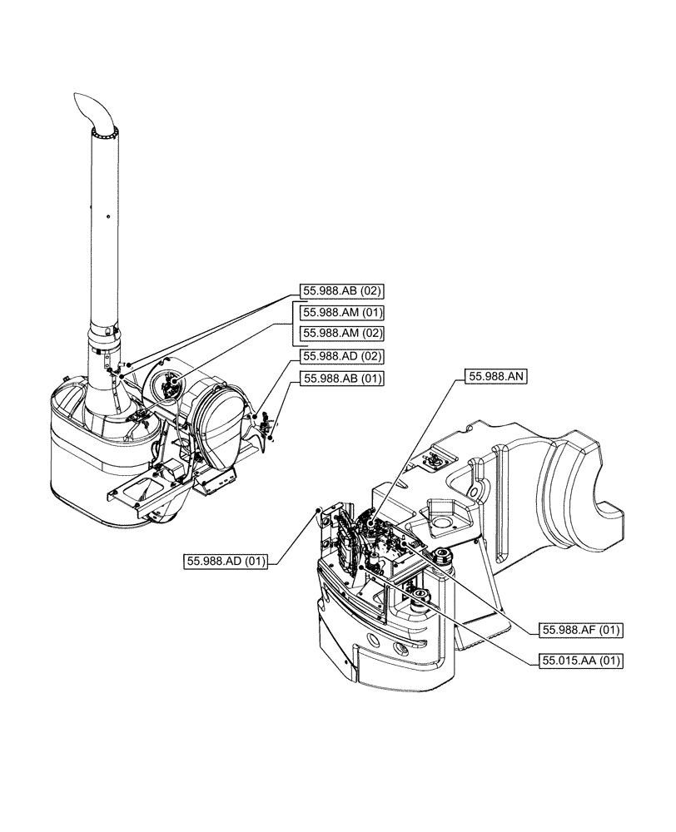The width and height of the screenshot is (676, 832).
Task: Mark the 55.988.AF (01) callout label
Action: tap(581, 629)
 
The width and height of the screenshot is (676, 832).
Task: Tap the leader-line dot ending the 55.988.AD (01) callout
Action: tap(318, 509)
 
